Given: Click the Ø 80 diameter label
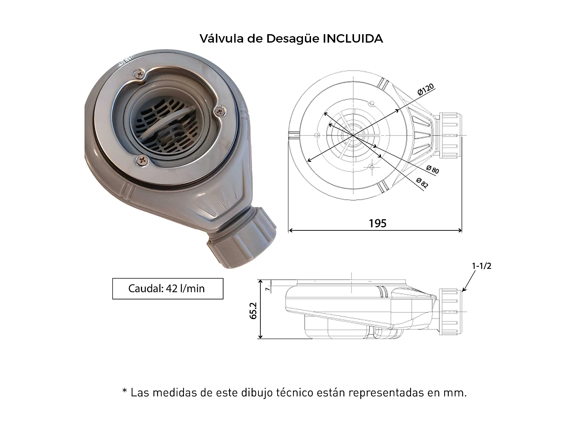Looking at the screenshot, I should click(432, 169).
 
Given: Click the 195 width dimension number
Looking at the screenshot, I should click(377, 223).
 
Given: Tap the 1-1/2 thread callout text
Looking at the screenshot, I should click(482, 266).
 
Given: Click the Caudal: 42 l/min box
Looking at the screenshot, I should click(167, 288).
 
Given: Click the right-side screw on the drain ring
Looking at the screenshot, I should click(220, 111).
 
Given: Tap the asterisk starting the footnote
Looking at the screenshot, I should click(124, 392).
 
